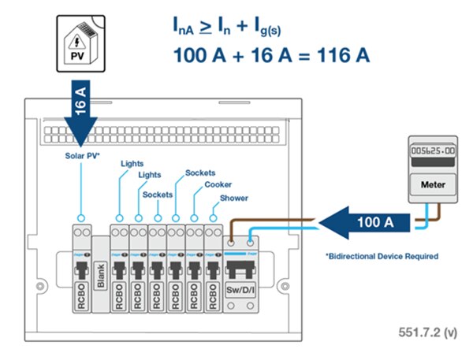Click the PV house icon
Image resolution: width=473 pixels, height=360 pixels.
pyautogui.click(x=82, y=43)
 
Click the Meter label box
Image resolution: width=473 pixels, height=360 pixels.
pyautogui.click(x=429, y=186)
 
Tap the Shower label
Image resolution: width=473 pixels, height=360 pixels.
pyautogui.click(x=234, y=198)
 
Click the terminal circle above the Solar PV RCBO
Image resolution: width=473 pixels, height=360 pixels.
pyautogui.click(x=80, y=217)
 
